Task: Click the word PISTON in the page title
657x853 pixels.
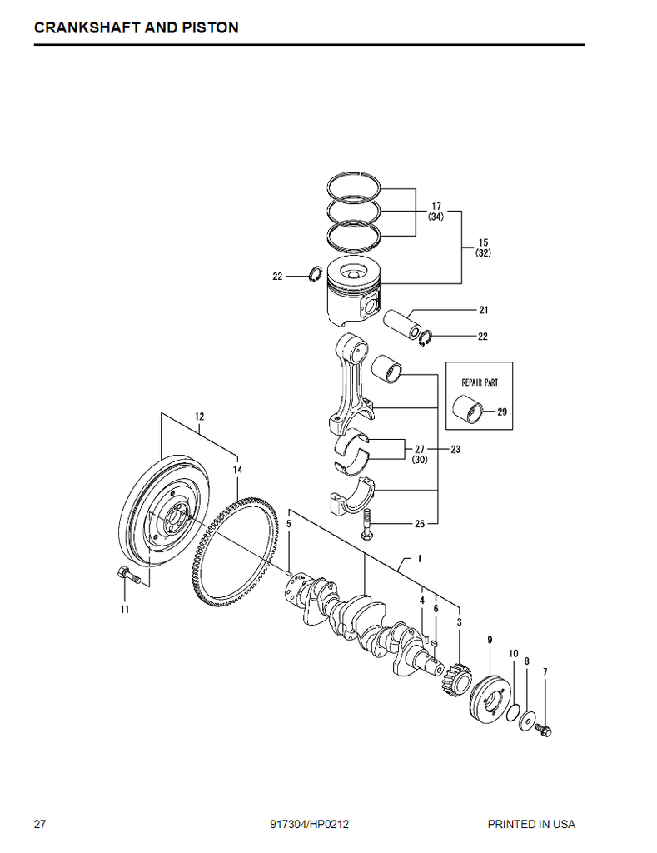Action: pyautogui.click(x=209, y=27)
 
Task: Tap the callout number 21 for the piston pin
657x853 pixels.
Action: pyautogui.click(x=484, y=310)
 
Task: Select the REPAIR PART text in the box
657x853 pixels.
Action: pyautogui.click(x=480, y=382)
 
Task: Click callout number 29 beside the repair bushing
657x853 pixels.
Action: pyautogui.click(x=502, y=412)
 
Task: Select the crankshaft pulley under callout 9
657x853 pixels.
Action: pyautogui.click(x=490, y=699)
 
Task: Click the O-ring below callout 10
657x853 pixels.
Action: pyautogui.click(x=512, y=712)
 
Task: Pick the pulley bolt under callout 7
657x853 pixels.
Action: pyautogui.click(x=543, y=730)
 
